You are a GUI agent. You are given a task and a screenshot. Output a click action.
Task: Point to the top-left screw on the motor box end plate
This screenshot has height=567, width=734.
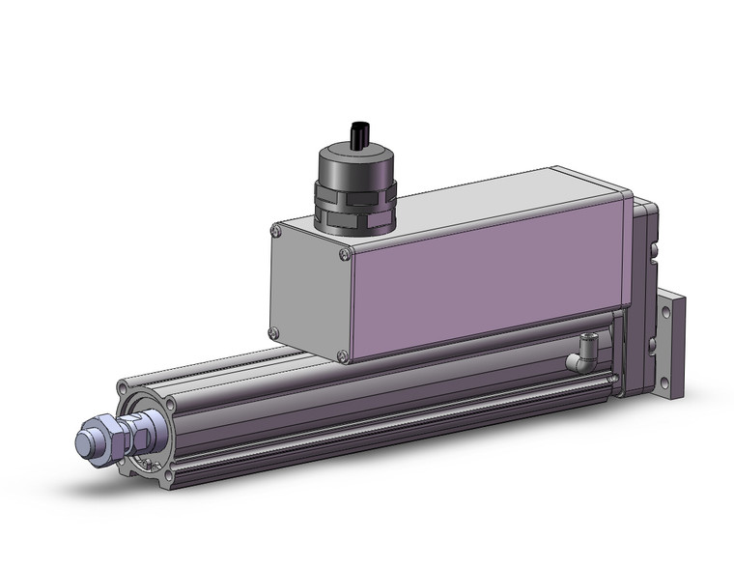click(x=277, y=230)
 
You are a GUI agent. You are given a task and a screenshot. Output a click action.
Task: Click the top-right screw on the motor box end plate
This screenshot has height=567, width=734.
click(x=345, y=254)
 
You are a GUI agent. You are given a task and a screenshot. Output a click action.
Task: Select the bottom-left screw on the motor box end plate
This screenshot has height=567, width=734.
click(x=274, y=333)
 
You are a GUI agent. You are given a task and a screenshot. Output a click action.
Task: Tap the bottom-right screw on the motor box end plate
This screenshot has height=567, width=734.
click(x=343, y=357)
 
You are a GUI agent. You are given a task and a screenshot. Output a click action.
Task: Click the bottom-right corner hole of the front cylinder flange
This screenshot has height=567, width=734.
click(x=169, y=474)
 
